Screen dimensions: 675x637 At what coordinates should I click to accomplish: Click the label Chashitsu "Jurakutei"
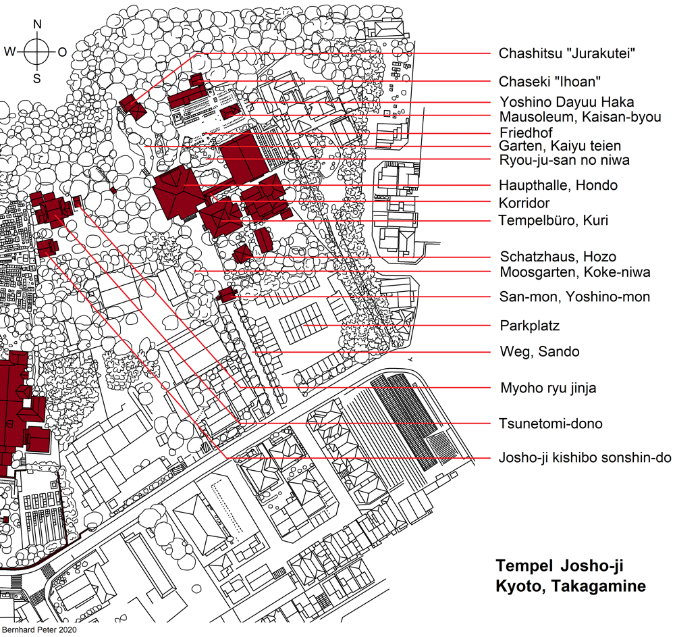pos(567,53)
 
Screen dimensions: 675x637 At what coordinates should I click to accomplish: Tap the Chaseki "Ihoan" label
pos(549,82)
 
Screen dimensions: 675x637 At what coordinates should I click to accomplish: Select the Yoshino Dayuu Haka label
pos(567,102)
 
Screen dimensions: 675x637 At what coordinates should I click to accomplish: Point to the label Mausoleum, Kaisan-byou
pos(580,117)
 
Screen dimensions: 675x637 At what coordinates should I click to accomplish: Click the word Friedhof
pos(526,132)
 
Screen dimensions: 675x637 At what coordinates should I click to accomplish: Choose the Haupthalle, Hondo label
pos(558,185)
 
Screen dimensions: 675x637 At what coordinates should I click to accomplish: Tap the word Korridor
pos(524,203)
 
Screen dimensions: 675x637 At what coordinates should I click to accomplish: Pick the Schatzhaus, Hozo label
pos(558,257)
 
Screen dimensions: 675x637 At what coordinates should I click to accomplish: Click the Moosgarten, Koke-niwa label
pos(575,272)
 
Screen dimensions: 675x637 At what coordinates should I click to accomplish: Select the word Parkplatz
pos(529,326)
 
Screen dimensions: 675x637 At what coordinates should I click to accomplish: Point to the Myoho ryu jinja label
pos(548,388)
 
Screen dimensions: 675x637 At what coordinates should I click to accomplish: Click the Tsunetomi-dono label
pos(551,424)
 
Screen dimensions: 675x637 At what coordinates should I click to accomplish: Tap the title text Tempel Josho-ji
pos(559,565)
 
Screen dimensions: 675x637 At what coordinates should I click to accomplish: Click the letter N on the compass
pos(37,24)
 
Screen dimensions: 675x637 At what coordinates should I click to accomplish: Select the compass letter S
pos(37,79)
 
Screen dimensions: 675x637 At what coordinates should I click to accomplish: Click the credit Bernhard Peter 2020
pos(40,630)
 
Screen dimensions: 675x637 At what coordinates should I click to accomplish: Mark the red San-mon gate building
pos(227,295)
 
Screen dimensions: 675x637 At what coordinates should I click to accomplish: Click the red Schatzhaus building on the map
pos(243,254)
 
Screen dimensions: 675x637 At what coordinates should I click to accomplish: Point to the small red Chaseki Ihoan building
pos(197,80)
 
